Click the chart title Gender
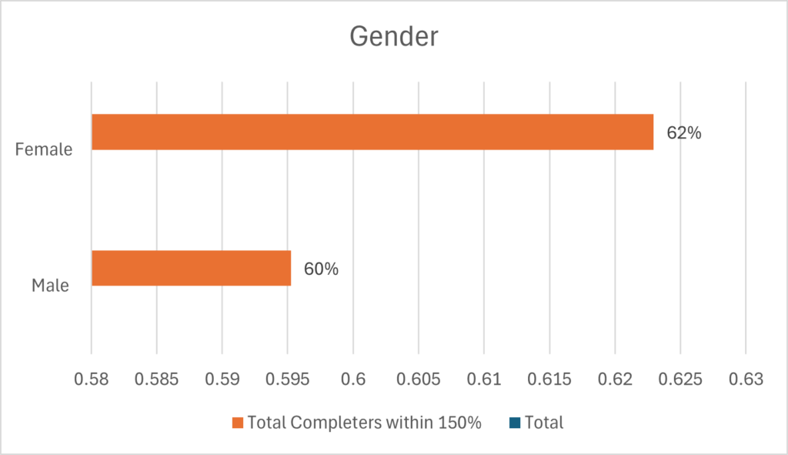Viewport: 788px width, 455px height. tap(393, 36)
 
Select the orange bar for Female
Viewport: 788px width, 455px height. tap(372, 132)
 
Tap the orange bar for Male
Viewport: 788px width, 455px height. tap(191, 268)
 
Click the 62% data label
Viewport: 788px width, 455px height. tap(684, 132)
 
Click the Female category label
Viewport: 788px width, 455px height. tap(44, 149)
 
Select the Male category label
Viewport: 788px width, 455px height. tap(50, 286)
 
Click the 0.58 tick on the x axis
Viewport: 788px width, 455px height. tap(91, 380)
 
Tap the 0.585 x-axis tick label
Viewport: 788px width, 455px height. tap(156, 380)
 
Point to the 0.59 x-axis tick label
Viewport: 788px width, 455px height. tap(222, 380)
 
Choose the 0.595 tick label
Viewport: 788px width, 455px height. tap(287, 380)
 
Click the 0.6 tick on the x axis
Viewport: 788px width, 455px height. tap(352, 380)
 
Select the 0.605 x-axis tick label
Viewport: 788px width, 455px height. tap(418, 380)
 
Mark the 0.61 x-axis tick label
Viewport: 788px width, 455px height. tap(483, 380)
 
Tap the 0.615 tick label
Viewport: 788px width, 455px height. tap(549, 380)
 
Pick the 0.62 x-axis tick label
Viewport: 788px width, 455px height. tap(614, 380)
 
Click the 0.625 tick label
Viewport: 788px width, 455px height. tap(679, 380)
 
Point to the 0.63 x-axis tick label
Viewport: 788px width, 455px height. tap(745, 380)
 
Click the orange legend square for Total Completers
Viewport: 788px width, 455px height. tap(237, 423)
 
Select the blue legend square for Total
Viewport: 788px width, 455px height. tap(514, 423)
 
